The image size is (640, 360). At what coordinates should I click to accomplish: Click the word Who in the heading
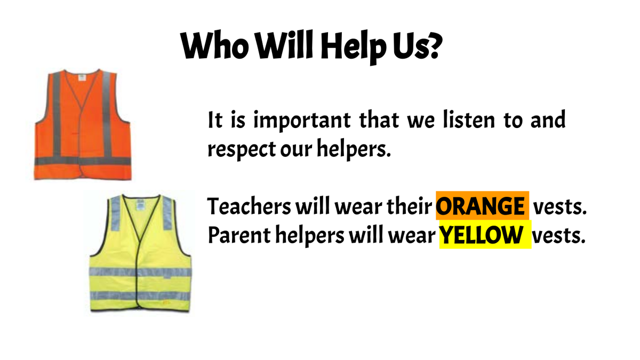(x=214, y=46)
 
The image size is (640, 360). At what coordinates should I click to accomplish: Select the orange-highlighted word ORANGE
(x=480, y=206)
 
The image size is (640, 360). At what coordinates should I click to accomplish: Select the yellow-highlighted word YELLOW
(x=482, y=235)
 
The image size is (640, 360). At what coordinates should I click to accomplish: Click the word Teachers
(x=249, y=206)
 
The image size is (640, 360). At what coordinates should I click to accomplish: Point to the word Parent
(x=239, y=235)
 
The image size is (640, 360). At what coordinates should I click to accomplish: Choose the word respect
(x=242, y=150)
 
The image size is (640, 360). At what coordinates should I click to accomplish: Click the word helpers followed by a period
(x=354, y=149)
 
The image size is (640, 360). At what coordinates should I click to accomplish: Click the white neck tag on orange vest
(x=82, y=77)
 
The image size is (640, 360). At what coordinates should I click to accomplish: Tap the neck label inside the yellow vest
(x=140, y=205)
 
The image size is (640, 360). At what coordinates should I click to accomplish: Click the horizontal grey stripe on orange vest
(x=83, y=161)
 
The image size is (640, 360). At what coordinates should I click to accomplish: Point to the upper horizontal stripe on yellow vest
(x=140, y=273)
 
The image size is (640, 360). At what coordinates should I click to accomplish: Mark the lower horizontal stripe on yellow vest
(x=140, y=295)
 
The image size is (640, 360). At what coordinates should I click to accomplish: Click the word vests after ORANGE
(x=560, y=207)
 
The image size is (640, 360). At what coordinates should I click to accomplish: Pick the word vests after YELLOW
(x=558, y=236)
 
